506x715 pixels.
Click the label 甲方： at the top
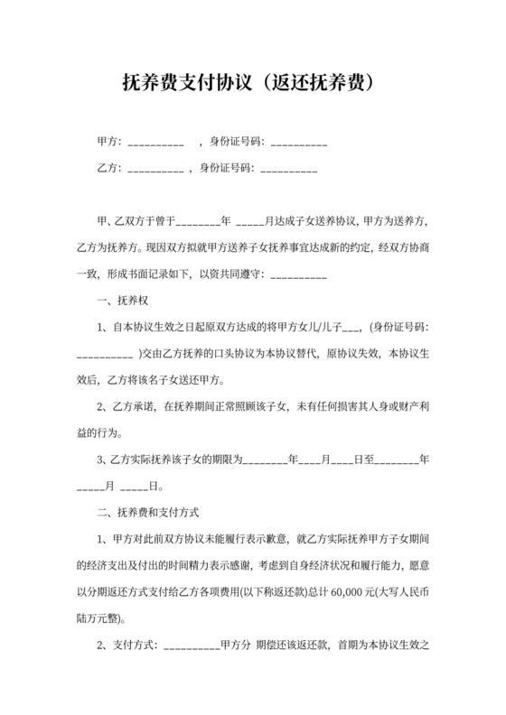coord(109,142)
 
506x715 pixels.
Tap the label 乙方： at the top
coord(109,167)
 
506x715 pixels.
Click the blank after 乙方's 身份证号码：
coord(288,168)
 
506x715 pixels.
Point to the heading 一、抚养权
coord(120,301)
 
